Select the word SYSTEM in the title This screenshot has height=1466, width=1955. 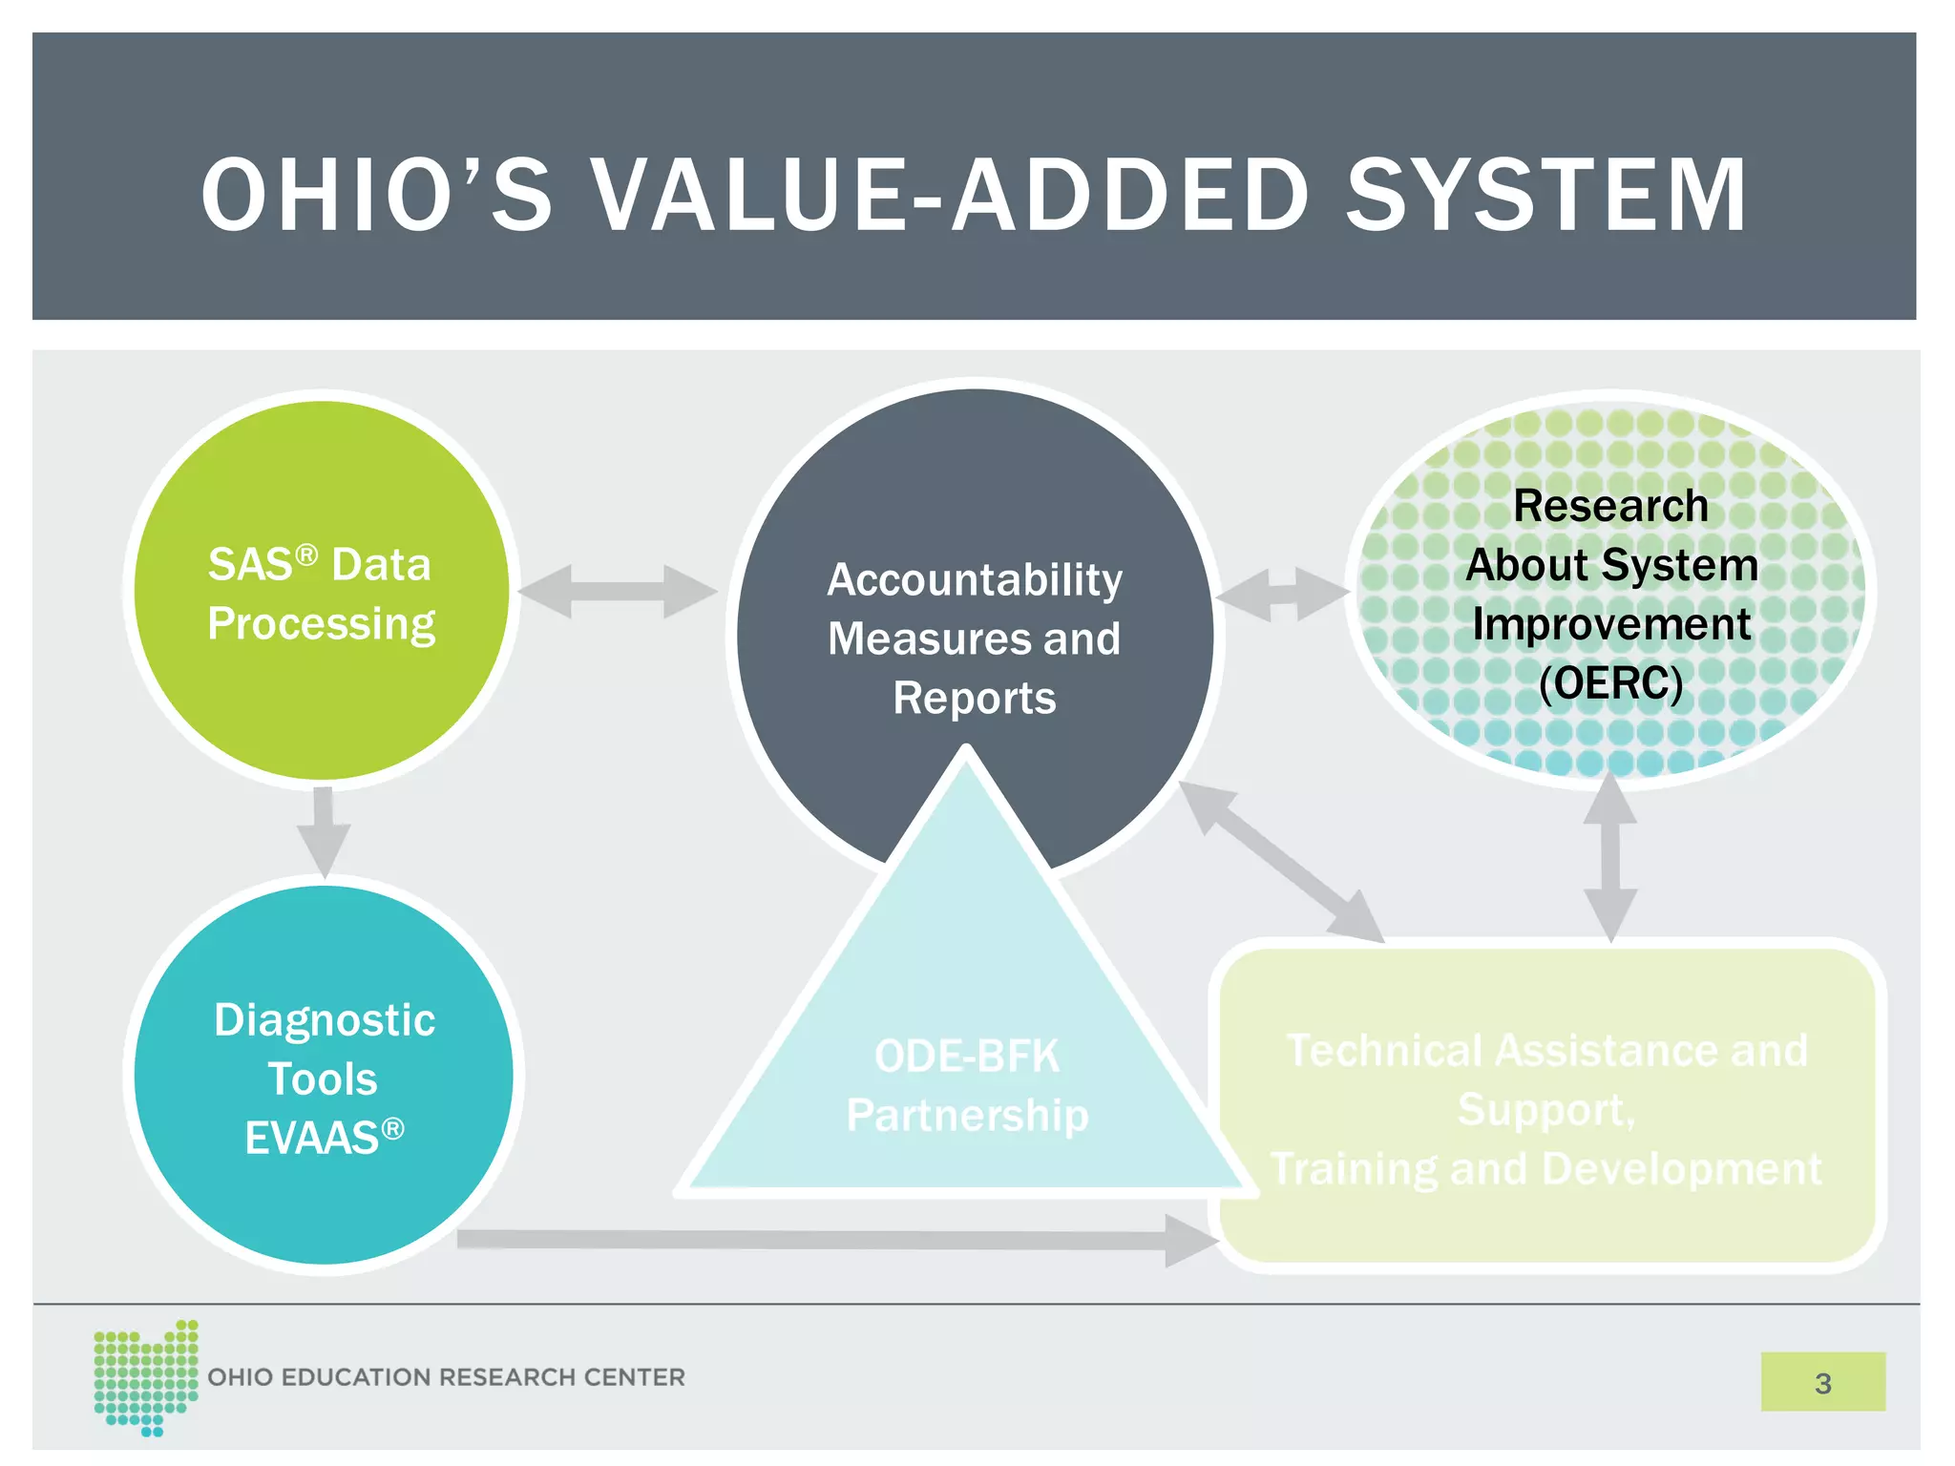click(x=1546, y=195)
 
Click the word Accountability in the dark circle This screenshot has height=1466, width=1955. click(x=975, y=580)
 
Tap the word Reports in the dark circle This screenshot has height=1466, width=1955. click(x=975, y=699)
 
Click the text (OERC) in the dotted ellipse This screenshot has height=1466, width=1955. click(x=1610, y=683)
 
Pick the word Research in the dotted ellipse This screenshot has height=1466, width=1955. click(x=1610, y=506)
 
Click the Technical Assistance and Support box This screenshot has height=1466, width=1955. click(x=1546, y=1107)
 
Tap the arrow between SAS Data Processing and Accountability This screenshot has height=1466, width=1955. click(x=618, y=592)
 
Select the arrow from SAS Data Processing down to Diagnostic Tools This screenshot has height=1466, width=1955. click(x=324, y=830)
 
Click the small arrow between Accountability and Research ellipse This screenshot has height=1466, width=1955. click(x=1282, y=595)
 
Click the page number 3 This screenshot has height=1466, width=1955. click(x=1822, y=1383)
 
